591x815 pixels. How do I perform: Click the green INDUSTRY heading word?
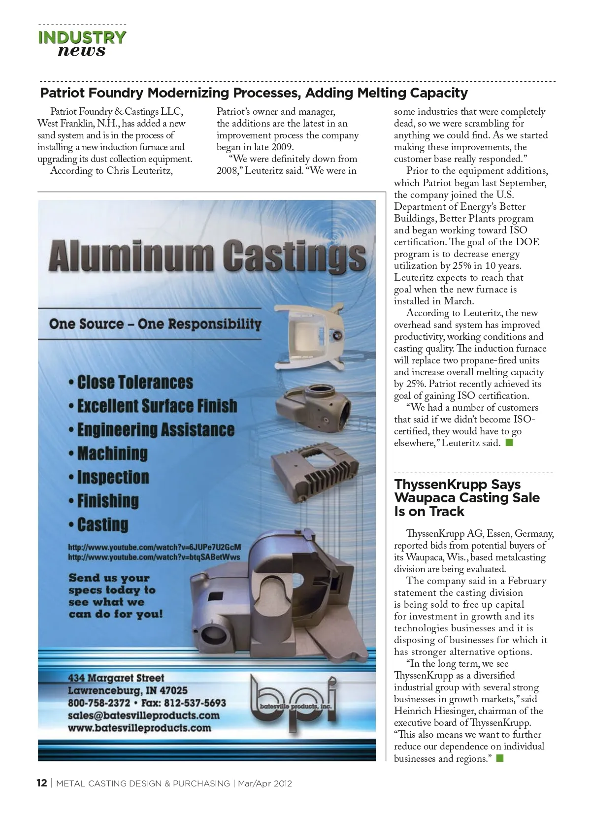click(x=82, y=37)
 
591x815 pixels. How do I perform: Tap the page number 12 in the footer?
click(x=42, y=783)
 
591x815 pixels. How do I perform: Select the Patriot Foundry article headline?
click(x=254, y=93)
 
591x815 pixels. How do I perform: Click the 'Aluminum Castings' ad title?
click(x=207, y=255)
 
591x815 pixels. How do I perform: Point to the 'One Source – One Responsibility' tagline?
click(x=155, y=324)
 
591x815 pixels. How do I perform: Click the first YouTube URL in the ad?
click(x=154, y=547)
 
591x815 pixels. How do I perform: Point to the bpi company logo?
click(x=294, y=699)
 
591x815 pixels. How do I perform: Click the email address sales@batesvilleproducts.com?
click(x=143, y=716)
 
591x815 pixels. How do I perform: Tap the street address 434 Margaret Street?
click(x=116, y=678)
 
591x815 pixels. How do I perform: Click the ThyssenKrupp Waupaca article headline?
click(x=466, y=498)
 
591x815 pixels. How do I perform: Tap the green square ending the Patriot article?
click(x=509, y=443)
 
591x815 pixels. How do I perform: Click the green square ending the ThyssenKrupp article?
click(x=500, y=758)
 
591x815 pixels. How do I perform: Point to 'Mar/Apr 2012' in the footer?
click(x=265, y=783)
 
